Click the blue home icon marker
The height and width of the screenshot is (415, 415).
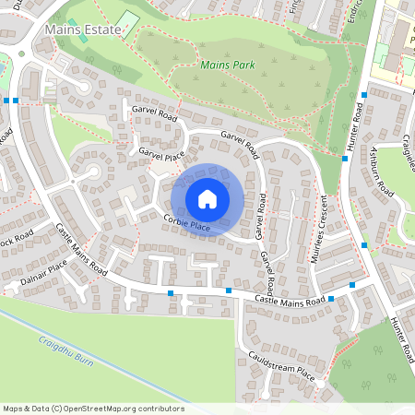coord(207,198)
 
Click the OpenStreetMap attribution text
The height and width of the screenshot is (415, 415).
coord(92,409)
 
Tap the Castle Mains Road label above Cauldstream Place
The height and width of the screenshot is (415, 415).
coord(290,301)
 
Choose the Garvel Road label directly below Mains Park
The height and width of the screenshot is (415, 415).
coord(242,139)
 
